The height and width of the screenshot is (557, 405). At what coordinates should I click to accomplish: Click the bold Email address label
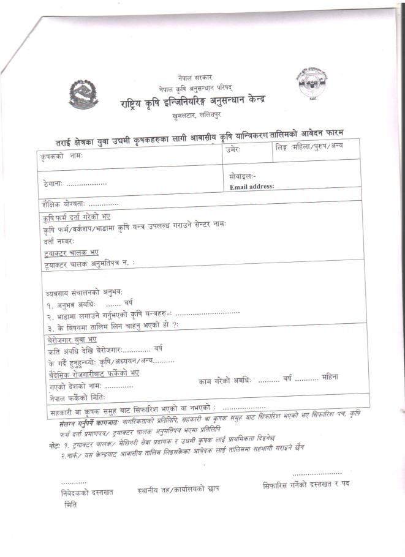click(x=252, y=186)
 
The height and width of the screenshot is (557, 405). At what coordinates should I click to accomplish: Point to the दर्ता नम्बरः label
click(x=59, y=241)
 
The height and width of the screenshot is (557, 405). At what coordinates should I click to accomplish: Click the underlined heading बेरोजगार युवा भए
click(x=72, y=339)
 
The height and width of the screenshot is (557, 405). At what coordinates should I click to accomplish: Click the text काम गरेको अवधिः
click(x=225, y=380)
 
